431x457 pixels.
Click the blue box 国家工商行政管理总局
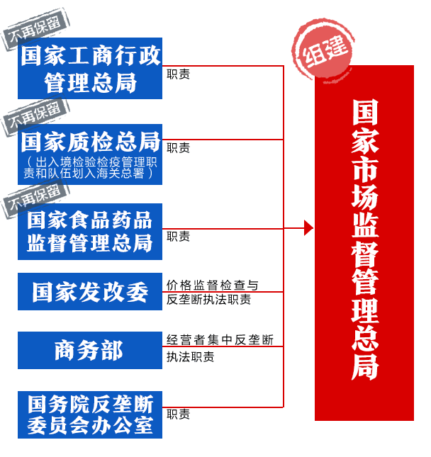(90, 68)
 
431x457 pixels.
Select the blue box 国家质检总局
(90, 154)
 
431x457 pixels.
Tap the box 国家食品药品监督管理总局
(90, 232)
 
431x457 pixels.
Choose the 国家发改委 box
(90, 291)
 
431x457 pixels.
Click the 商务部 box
(90, 350)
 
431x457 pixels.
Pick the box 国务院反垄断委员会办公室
(90, 414)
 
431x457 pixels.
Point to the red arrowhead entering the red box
(309, 228)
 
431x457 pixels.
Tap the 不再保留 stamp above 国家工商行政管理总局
(35, 29)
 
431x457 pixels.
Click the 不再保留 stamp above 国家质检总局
(35, 116)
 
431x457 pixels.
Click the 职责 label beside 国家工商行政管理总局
(178, 74)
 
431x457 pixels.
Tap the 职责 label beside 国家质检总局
(178, 148)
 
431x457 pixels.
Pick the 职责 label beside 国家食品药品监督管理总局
(178, 236)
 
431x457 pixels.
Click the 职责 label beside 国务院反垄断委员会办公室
(178, 414)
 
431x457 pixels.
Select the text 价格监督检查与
(212, 285)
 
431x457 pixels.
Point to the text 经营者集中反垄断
(220, 340)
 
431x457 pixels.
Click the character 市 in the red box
(365, 168)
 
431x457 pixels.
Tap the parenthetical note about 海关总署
(90, 168)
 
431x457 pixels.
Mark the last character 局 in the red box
(365, 366)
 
